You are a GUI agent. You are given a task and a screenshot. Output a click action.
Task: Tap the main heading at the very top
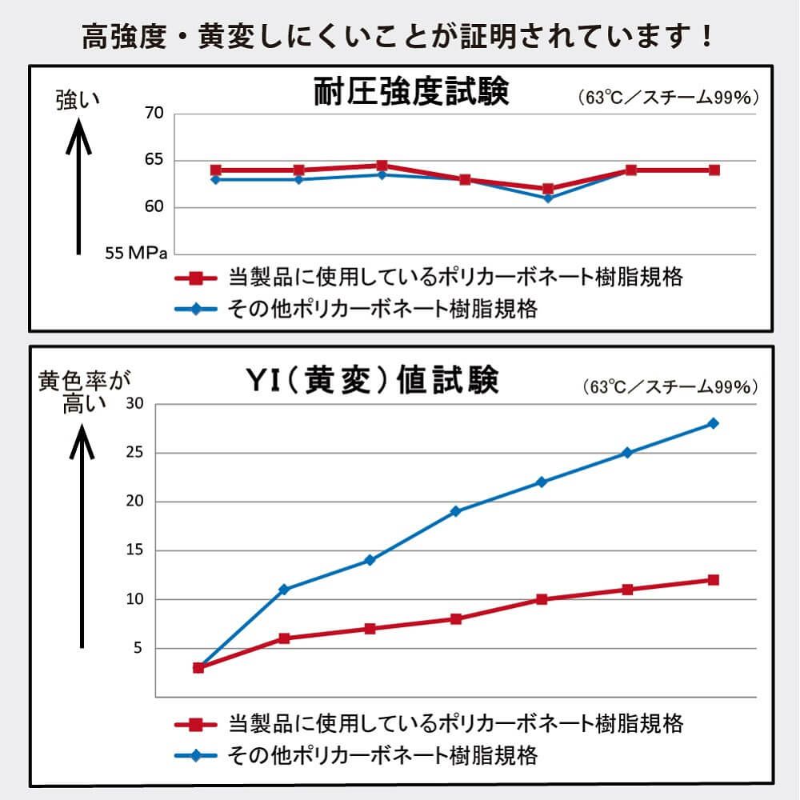398,37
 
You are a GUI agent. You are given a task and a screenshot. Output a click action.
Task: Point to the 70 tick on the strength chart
154,114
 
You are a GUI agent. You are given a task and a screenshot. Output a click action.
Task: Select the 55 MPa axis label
136,254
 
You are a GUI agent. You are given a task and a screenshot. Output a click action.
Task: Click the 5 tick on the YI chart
138,648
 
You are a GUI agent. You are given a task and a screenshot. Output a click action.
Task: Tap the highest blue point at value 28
713,423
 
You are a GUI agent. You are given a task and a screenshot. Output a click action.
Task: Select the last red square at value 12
713,580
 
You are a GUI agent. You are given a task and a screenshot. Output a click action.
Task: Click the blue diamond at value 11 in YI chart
283,590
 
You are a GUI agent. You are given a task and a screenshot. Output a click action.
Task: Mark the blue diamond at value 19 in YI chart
455,511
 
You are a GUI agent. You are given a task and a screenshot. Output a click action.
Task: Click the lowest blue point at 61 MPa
548,198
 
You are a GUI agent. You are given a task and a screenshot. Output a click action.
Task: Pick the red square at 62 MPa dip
548,189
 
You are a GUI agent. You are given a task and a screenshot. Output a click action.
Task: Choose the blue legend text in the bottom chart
382,754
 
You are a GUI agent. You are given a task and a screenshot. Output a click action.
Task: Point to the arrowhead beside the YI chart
82,440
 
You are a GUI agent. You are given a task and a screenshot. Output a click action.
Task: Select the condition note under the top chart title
667,98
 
